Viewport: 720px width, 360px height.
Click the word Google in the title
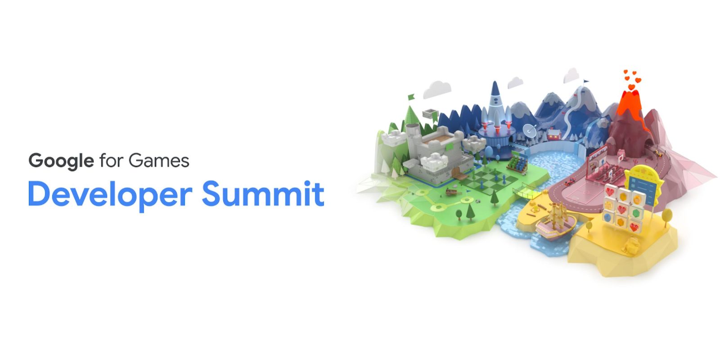pos(61,161)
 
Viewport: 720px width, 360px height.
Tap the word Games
pos(159,160)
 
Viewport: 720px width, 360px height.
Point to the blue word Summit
pos(263,193)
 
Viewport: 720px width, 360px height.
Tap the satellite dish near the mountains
pos(529,130)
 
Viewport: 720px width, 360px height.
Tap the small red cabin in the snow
pos(554,135)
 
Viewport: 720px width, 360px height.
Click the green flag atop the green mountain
pos(411,97)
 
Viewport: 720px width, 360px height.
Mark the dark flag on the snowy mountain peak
pos(585,81)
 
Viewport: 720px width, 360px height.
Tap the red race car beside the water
pos(571,182)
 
